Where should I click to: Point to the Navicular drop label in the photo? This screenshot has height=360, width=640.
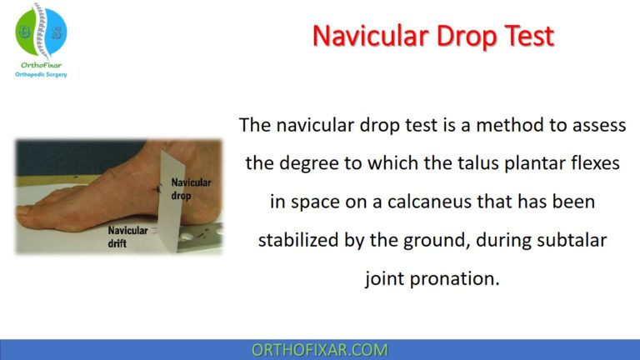click(x=190, y=189)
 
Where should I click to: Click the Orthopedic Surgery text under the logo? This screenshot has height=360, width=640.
click(x=41, y=74)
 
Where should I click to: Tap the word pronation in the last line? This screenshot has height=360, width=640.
click(x=462, y=278)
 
